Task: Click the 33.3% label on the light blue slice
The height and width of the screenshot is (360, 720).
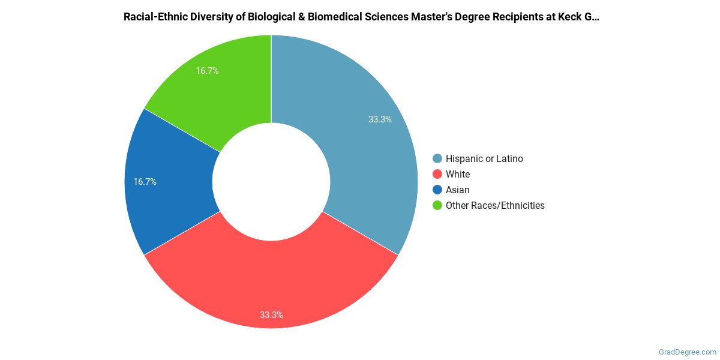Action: point(380,119)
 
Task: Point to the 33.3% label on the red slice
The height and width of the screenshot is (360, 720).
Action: point(271,314)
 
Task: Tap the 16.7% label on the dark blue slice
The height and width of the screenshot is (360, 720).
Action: point(145,182)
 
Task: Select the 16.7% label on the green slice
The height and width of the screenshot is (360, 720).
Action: point(207,71)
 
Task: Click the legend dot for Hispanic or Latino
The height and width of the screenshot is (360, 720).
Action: point(437,159)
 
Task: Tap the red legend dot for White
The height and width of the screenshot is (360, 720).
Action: point(437,175)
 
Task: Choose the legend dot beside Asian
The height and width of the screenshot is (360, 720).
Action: point(437,190)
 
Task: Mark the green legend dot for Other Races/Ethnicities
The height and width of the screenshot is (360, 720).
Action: point(437,206)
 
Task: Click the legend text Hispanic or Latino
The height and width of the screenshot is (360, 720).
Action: point(484,159)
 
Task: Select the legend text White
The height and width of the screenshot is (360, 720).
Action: point(458,175)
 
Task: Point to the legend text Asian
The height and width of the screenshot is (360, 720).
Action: point(458,190)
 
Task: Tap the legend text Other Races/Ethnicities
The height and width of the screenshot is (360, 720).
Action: point(495,206)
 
